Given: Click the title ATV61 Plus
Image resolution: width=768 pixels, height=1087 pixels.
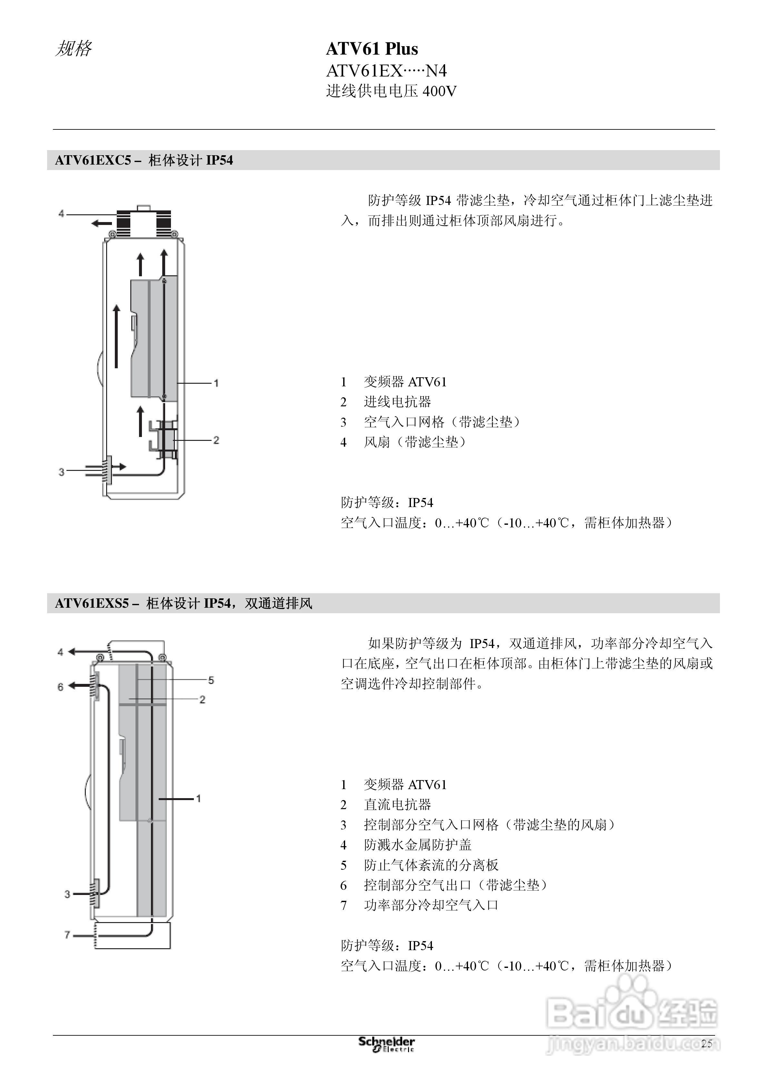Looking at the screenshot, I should [x=372, y=49].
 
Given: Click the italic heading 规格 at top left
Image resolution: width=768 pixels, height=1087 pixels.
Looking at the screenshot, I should [x=73, y=49].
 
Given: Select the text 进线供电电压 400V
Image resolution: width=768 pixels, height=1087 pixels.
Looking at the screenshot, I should [x=391, y=91].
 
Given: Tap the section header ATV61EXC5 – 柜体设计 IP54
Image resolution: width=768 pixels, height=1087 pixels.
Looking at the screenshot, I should [x=144, y=160].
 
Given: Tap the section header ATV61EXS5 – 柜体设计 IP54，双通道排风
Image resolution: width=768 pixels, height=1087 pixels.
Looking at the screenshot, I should [x=184, y=604].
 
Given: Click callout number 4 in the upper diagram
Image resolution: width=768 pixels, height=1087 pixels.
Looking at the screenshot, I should [x=61, y=214].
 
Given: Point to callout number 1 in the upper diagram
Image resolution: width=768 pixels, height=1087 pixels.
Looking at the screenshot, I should [x=216, y=383].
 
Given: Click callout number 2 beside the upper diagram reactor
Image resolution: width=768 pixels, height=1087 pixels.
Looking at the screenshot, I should [x=216, y=440].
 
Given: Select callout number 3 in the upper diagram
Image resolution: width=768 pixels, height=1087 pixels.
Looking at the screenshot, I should [x=61, y=472].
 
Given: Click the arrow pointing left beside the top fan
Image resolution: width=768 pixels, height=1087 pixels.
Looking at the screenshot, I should [x=101, y=223].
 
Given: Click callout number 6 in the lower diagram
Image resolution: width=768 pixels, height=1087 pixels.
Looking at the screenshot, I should [x=60, y=687].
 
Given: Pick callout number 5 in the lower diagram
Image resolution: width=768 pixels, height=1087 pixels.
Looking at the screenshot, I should [x=211, y=680].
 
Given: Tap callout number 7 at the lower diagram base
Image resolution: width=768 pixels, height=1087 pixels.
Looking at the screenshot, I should [x=67, y=935].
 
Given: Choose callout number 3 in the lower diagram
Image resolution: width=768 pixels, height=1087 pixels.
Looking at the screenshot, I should [x=67, y=894].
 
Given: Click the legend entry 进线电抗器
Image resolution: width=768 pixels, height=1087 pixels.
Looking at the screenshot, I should [x=397, y=402].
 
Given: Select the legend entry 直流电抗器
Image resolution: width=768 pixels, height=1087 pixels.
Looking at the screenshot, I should [x=397, y=805].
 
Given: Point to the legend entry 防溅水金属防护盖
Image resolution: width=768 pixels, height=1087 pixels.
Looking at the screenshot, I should [x=417, y=845].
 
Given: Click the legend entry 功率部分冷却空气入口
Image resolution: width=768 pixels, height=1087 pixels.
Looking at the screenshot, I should [x=431, y=905].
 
